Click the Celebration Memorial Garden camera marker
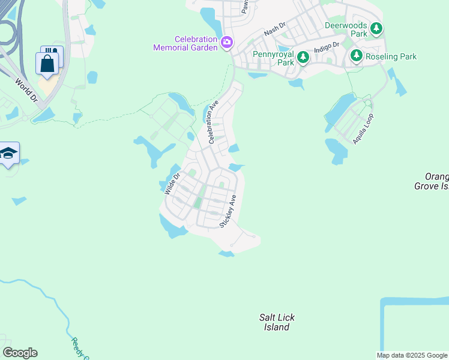coord(227,42)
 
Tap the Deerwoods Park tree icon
coord(376,28)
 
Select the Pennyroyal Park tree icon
coord(304,57)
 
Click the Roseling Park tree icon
coord(356,56)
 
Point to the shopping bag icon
coord(47,63)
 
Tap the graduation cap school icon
coord(8,154)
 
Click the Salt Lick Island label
coord(277,322)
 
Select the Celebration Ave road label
coord(213,122)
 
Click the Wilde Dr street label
coord(172,184)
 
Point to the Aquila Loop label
coord(363,129)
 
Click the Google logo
coord(20,353)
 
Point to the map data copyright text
coord(412,355)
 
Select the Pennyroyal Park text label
coord(273,58)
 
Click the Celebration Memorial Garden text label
coord(185,43)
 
